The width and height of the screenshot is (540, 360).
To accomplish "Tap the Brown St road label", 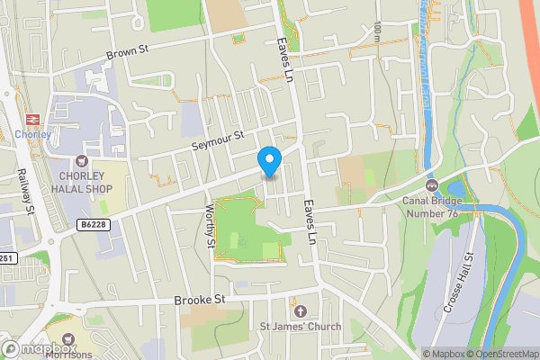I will [128, 52].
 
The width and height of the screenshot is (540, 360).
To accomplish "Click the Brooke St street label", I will [199, 299].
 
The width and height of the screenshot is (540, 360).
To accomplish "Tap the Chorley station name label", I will [33, 135].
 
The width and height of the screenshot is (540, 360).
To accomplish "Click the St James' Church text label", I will [300, 326].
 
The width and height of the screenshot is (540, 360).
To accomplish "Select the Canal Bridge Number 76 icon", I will [432, 185].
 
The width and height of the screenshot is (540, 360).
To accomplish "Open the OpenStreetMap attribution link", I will [505, 354].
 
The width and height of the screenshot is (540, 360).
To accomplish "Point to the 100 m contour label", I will [377, 32].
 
